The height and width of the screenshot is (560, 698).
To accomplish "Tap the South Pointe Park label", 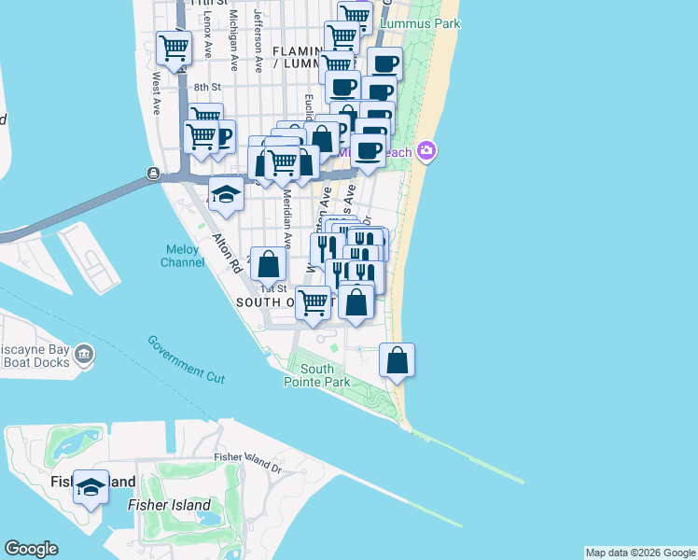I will [x=317, y=375].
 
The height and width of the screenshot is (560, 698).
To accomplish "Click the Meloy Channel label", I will [x=184, y=256].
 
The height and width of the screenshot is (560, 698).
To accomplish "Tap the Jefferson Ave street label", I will [x=258, y=41].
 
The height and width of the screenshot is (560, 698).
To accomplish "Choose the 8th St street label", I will [x=205, y=88].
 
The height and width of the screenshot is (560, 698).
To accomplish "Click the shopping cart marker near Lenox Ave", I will [x=174, y=48].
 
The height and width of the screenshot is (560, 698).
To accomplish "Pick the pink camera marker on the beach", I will [x=426, y=150].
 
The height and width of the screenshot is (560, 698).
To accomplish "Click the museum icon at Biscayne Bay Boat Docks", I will [x=84, y=353].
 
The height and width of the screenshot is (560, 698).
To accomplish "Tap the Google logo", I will [x=31, y=549].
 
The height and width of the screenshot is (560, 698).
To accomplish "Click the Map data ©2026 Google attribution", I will [x=640, y=553].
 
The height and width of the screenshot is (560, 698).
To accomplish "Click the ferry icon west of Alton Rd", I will [x=152, y=174].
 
